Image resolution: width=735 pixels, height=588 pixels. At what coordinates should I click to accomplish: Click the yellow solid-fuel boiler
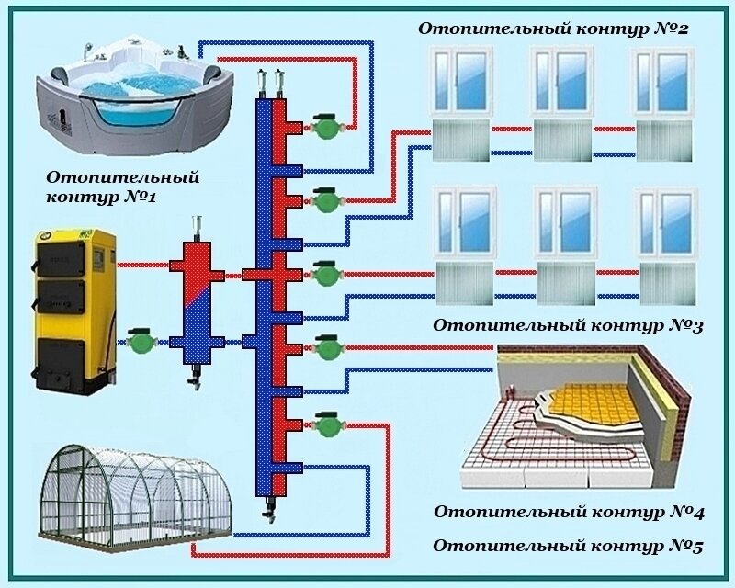73,308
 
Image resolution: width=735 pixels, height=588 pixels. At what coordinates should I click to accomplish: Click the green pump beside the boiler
141,343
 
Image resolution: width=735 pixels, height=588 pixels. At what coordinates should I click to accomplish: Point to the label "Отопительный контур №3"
568,325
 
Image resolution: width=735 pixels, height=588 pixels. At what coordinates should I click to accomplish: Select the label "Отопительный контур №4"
568,511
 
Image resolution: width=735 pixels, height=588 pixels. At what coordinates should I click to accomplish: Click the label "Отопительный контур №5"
568,546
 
